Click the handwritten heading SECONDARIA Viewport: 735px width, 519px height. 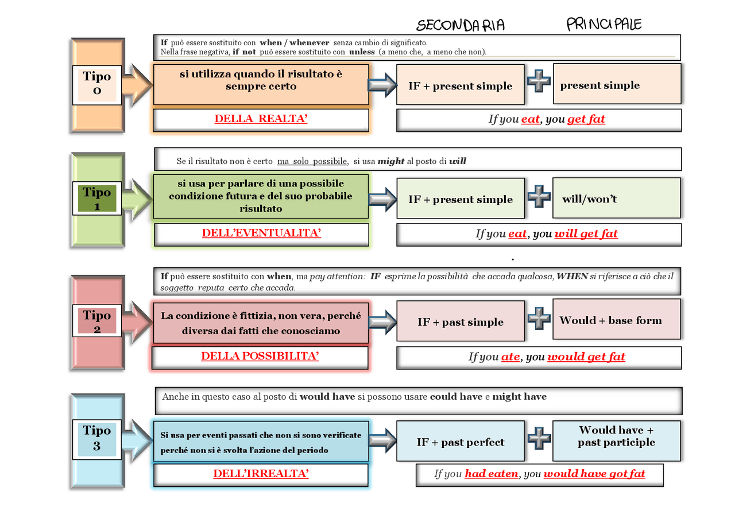[461, 25]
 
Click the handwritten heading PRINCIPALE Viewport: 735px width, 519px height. [604, 24]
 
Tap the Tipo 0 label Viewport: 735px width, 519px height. [96, 84]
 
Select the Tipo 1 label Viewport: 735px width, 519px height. [96, 198]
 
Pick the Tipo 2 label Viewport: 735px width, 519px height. [96, 321]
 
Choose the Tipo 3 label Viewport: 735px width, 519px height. [96, 438]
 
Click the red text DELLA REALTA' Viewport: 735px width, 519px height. [261, 119]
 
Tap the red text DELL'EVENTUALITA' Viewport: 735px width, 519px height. [261, 233]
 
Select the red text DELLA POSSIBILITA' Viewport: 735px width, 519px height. [260, 356]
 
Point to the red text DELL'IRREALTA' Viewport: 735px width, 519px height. [261, 474]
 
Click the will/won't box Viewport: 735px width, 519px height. [616, 198]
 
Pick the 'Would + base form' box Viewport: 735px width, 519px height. [616, 320]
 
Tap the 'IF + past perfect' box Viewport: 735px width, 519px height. [461, 442]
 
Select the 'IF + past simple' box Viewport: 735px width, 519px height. [461, 322]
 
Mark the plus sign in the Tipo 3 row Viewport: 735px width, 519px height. [539, 438]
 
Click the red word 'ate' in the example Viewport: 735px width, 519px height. [510, 357]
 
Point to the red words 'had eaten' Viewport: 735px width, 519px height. [492, 474]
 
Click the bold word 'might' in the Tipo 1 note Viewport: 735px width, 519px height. [391, 161]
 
